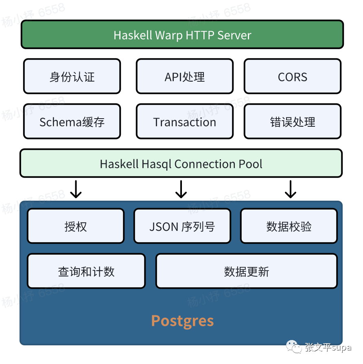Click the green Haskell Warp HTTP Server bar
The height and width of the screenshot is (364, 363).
coord(182,35)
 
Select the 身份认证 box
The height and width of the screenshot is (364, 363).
coord(72,77)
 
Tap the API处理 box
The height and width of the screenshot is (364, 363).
coord(185,77)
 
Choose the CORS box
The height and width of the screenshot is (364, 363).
coord(293,77)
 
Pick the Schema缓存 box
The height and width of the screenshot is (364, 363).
coord(72,122)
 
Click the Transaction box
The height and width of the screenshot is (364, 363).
coord(185,122)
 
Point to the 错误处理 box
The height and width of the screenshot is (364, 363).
coord(293,122)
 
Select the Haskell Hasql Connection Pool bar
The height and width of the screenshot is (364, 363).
coord(181,164)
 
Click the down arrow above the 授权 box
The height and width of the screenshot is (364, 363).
coord(76,189)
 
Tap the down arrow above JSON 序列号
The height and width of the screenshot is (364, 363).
coord(181,189)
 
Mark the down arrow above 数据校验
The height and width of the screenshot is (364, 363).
coord(290,189)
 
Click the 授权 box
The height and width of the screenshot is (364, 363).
coord(76,226)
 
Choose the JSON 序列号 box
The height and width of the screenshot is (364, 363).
coord(182,226)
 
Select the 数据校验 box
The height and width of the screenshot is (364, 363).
coord(289,226)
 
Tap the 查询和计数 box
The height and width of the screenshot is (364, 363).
coord(86,271)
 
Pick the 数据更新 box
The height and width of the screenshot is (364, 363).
coord(247,271)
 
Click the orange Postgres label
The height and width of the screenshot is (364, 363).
coord(182,321)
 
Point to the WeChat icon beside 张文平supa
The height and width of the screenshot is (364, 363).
coord(293,347)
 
